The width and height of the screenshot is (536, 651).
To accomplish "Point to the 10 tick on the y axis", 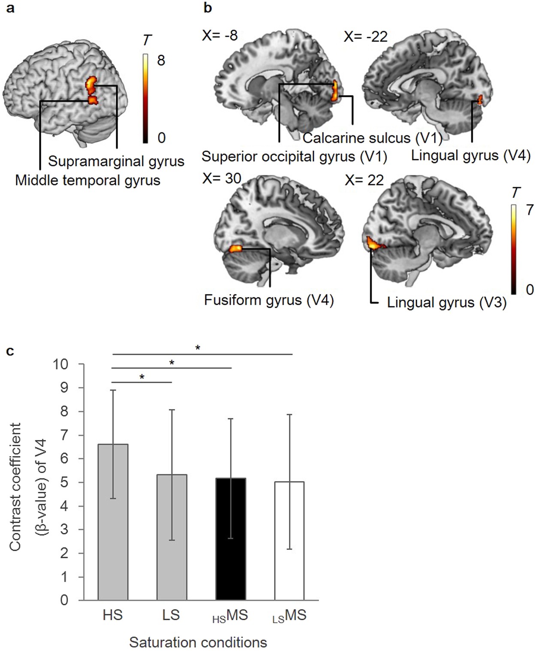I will click(60, 364).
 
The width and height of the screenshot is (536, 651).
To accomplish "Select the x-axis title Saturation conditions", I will click(198, 642).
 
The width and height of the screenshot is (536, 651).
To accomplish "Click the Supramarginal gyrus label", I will click(116, 161).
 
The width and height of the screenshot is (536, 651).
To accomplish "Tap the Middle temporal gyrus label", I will click(87, 180).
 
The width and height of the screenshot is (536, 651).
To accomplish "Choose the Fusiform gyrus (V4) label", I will click(269, 300).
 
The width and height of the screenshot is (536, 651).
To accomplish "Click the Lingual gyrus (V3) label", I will click(446, 302).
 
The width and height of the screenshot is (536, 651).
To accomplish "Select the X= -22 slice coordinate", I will click(365, 36).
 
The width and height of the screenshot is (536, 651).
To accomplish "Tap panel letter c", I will click(10, 351).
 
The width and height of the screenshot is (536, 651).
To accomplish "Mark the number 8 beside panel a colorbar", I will click(161, 61).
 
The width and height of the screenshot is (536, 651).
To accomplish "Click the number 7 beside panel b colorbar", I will click(530, 210).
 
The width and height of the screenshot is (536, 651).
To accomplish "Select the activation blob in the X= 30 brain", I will click(235, 248).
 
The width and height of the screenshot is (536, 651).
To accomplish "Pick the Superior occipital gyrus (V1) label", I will click(294, 157).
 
